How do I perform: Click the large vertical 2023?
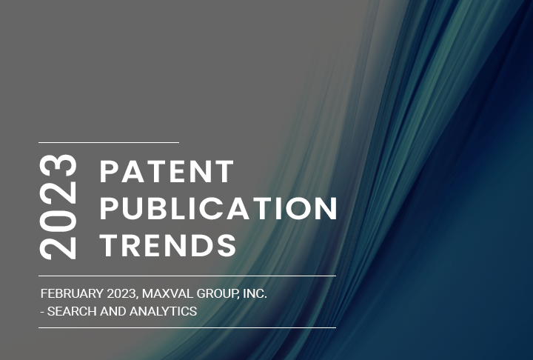coord(59,207)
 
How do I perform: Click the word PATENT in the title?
coord(167,172)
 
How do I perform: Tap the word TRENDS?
coord(168,244)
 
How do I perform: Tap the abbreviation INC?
coord(255,294)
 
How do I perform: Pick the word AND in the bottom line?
coord(113,312)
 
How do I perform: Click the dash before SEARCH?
coord(42,312)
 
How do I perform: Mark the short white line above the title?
coord(109,141)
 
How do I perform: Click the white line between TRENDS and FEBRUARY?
coord(187,276)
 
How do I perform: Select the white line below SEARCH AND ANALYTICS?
coord(187,327)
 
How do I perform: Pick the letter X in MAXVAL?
coord(175,294)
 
